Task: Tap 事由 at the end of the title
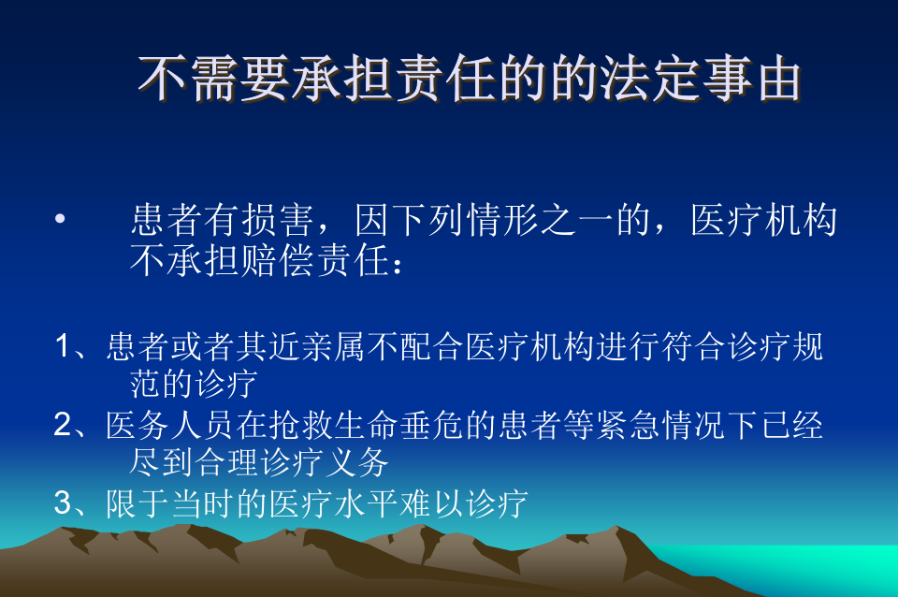[751, 79]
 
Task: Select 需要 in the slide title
[239, 79]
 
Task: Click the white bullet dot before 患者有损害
[60, 218]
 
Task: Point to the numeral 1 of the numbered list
[64, 347]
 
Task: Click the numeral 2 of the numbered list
[63, 425]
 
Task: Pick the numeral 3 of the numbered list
[63, 503]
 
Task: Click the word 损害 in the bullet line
[277, 220]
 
